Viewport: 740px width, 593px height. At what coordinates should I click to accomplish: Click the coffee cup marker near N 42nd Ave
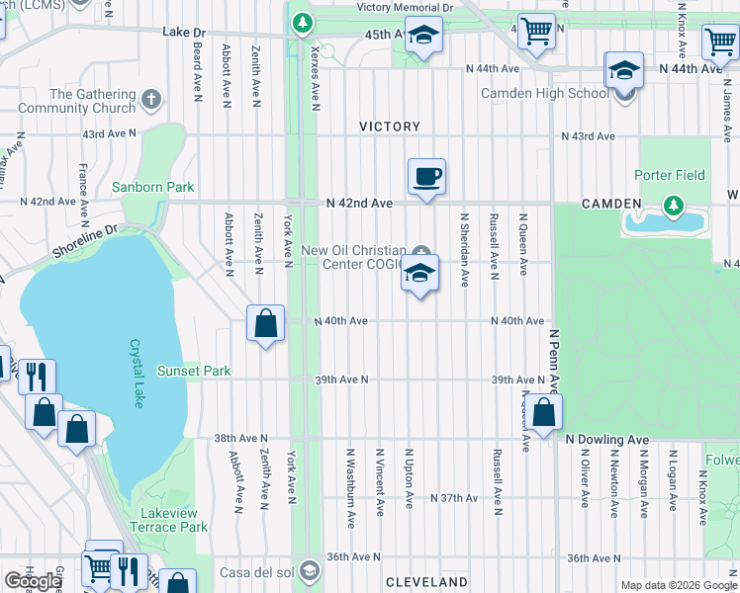click(426, 178)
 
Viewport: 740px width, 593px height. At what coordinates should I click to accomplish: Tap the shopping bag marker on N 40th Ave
click(266, 324)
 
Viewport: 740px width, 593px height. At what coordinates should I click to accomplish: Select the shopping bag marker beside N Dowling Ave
click(543, 413)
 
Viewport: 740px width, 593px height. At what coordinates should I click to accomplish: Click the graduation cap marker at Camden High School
click(625, 72)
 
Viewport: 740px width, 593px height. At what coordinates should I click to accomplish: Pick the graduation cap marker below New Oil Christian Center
click(420, 275)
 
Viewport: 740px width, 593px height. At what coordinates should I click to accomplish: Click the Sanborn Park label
click(152, 187)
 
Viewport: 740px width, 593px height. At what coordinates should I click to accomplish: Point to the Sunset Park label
click(193, 372)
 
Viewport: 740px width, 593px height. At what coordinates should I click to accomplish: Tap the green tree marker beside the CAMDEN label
click(675, 205)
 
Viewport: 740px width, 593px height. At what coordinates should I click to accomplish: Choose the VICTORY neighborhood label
click(390, 127)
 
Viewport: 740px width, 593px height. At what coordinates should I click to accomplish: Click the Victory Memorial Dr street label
click(404, 7)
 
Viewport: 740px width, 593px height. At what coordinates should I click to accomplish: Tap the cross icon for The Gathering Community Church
click(151, 99)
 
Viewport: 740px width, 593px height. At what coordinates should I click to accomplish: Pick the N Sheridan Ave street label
click(462, 249)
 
